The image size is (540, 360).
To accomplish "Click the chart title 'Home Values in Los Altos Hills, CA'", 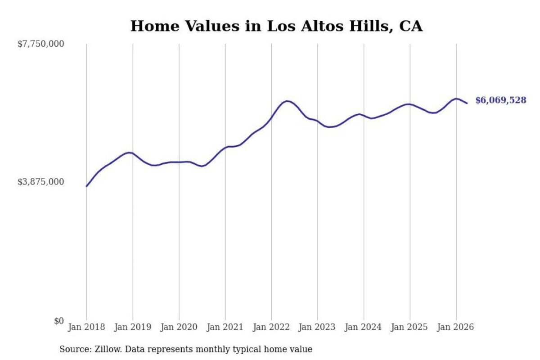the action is click(276, 26).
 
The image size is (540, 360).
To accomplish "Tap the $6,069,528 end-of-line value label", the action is click(501, 100).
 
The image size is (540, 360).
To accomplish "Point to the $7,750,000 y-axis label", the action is click(41, 44).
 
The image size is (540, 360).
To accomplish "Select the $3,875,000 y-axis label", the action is click(41, 182).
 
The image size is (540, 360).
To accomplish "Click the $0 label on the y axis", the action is click(59, 321).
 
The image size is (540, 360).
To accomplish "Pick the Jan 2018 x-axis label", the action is click(86, 327).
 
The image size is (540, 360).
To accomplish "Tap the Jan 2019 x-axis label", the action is click(133, 327).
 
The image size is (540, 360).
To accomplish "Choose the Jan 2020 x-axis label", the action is click(179, 327).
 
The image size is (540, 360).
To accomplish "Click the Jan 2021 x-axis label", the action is click(225, 327).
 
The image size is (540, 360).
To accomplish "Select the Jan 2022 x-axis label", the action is click(271, 327).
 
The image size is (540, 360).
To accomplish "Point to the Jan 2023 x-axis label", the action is click(317, 327).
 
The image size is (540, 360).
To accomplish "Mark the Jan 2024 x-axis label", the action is click(364, 327).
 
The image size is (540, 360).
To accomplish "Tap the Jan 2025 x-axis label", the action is click(409, 327).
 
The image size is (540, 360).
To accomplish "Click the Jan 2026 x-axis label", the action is click(455, 327).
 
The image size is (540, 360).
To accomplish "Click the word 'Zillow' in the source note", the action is click(108, 349).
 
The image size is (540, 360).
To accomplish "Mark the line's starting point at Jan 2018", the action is click(86, 186).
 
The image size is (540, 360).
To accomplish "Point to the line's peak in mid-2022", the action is click(287, 101).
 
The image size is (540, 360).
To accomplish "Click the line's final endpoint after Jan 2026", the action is click(467, 103).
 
